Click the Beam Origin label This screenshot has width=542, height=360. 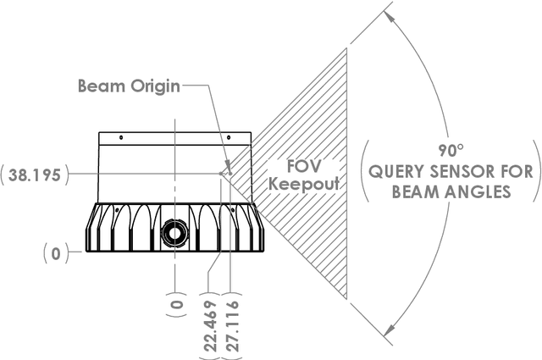click(x=128, y=86)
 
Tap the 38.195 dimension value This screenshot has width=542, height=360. click(x=35, y=174)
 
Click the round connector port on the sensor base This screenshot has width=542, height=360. click(x=175, y=231)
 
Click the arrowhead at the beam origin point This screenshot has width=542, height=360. click(x=224, y=172)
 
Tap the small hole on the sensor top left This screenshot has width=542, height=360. click(x=121, y=137)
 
